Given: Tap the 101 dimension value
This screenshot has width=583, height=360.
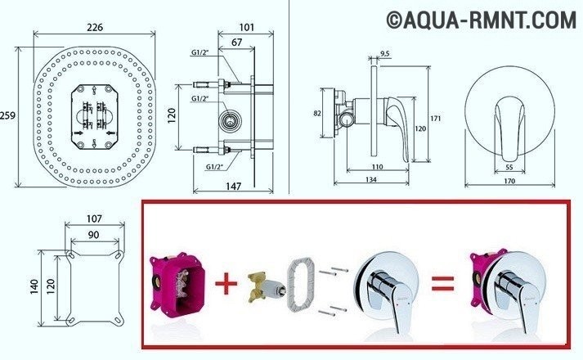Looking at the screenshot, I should coord(247,27).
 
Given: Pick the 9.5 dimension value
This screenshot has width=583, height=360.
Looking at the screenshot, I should coord(385,55).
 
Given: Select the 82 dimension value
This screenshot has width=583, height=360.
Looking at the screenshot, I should coord(318,114).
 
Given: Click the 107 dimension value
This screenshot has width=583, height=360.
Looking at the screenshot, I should coord(94,219).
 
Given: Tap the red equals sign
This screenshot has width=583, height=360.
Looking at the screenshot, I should coord(442,284).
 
